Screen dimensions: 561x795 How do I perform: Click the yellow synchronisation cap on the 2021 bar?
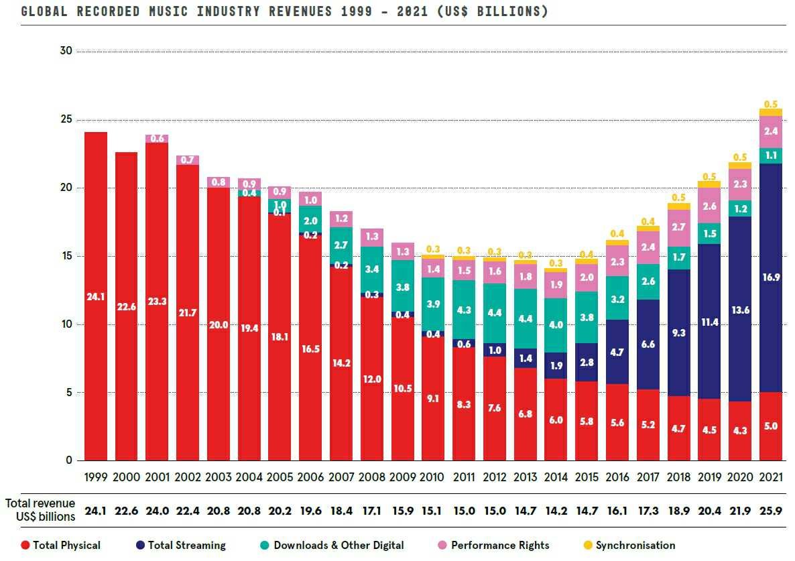770,112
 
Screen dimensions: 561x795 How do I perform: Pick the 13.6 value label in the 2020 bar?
740,310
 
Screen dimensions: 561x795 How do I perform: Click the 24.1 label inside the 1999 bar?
95,296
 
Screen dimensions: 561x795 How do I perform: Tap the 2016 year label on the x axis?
617,477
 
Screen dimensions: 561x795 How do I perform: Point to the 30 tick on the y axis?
64,51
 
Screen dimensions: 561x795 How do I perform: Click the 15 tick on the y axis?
64,256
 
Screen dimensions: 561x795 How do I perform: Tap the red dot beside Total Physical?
25,545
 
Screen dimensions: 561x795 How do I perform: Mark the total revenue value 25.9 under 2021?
770,511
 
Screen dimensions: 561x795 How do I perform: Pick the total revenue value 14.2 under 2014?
556,511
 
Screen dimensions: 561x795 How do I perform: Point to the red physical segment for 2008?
372,379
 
